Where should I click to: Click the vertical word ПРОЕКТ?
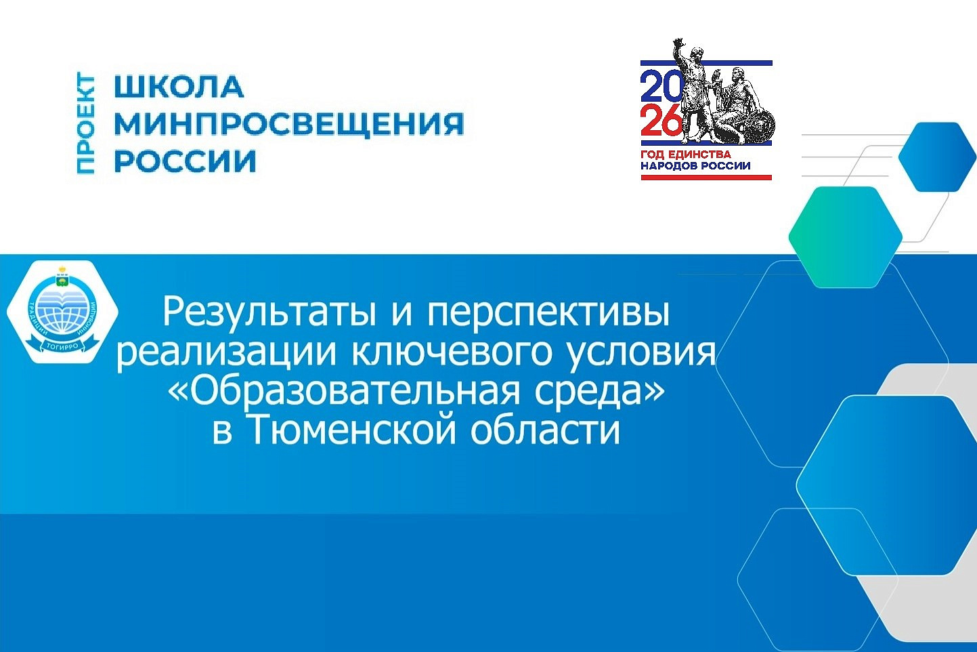[x=86, y=124]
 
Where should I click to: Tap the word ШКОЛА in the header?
[x=179, y=87]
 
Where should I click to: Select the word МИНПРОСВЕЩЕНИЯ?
[x=288, y=124]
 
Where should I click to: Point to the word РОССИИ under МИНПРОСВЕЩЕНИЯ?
[x=185, y=161]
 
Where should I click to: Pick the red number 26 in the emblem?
[x=660, y=121]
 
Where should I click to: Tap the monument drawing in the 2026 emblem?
[x=724, y=98]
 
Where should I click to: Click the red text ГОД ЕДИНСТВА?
[x=686, y=155]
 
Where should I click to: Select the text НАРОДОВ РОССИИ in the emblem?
[x=695, y=165]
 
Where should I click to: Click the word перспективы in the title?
[x=548, y=312]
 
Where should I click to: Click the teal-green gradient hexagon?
[x=845, y=237]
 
